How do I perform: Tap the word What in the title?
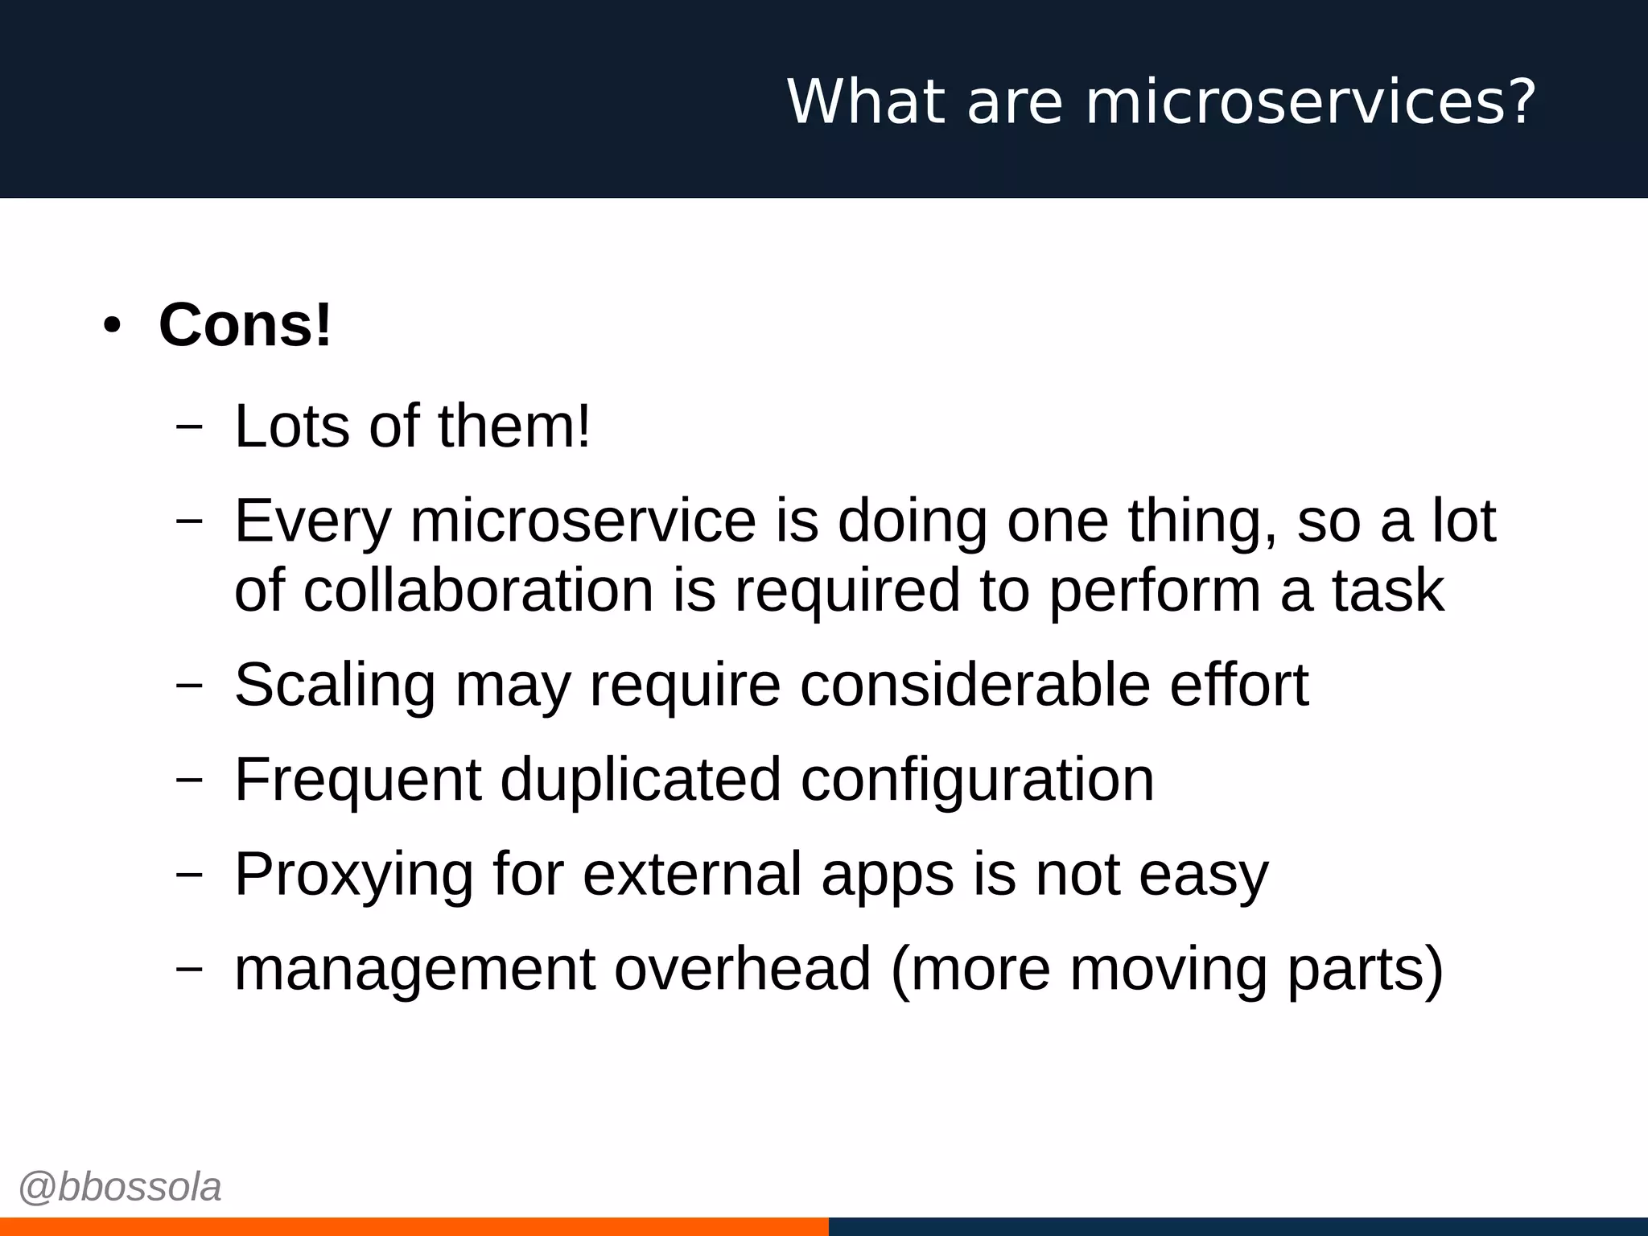pos(866,101)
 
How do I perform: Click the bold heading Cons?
pos(245,325)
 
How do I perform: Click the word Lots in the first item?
pos(292,426)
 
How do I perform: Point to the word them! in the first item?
pos(514,426)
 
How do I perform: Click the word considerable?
pos(974,685)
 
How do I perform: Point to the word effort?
pos(1238,685)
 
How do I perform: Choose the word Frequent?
pos(358,781)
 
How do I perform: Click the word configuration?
pos(977,781)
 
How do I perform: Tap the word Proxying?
pos(353,875)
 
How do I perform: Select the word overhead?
pos(743,969)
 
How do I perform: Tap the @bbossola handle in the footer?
pos(120,1188)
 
